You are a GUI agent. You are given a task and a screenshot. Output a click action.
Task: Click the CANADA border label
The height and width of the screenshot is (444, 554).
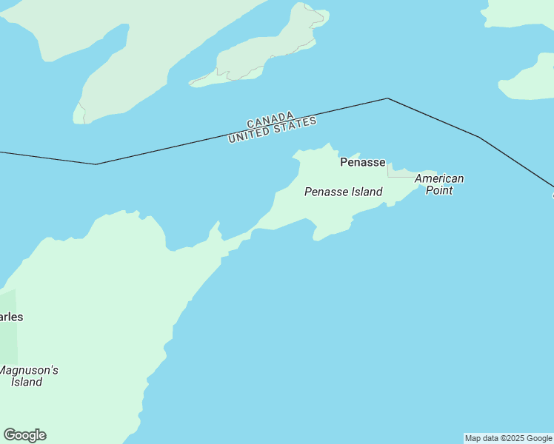pos(270,119)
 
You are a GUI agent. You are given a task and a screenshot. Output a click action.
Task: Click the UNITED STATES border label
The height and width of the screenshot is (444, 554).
pos(273,130)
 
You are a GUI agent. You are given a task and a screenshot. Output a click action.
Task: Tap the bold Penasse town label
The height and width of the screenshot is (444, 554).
pos(362,162)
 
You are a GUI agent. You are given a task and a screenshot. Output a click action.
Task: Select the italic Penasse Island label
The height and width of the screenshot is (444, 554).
pos(343,192)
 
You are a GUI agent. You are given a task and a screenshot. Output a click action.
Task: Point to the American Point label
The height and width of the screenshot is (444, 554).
pos(439,184)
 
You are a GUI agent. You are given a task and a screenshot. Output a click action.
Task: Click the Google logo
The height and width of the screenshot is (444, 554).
pos(24,435)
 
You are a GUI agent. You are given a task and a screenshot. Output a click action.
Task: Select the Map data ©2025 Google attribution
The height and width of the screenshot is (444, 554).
pos(508,438)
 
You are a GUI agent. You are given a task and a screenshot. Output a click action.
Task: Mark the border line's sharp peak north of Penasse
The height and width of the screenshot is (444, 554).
pos(387,98)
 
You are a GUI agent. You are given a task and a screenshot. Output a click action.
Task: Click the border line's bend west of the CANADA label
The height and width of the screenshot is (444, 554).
pos(96,164)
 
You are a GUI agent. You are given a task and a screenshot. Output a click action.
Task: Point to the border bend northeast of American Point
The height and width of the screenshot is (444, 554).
pos(479,137)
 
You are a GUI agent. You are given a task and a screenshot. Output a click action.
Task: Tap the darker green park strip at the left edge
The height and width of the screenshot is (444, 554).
pos(8,340)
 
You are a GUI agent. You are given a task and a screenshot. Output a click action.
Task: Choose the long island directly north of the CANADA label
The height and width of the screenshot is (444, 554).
pos(267,48)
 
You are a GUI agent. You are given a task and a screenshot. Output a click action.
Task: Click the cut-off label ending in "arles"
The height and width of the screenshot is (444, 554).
pos(10,317)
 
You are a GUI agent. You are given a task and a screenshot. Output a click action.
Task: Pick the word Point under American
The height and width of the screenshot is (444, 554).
pos(439,190)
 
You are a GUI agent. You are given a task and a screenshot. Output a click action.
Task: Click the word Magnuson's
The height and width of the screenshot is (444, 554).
pos(29,370)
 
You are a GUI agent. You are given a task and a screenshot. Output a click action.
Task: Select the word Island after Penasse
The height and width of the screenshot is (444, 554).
pos(366,192)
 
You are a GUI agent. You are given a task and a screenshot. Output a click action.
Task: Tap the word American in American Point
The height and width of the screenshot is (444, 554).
pos(439,178)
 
